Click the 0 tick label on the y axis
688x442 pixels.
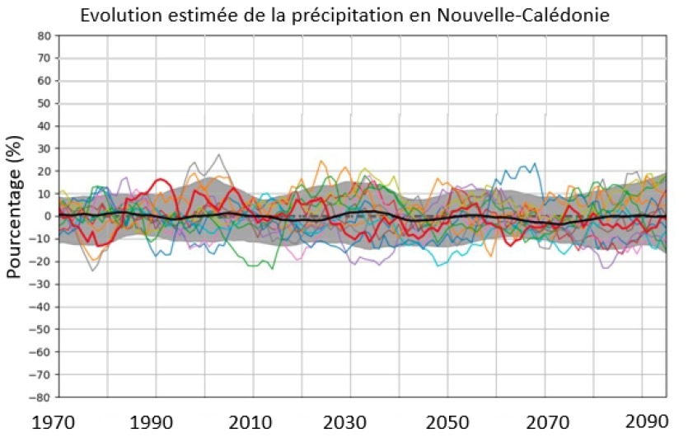[47, 216]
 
